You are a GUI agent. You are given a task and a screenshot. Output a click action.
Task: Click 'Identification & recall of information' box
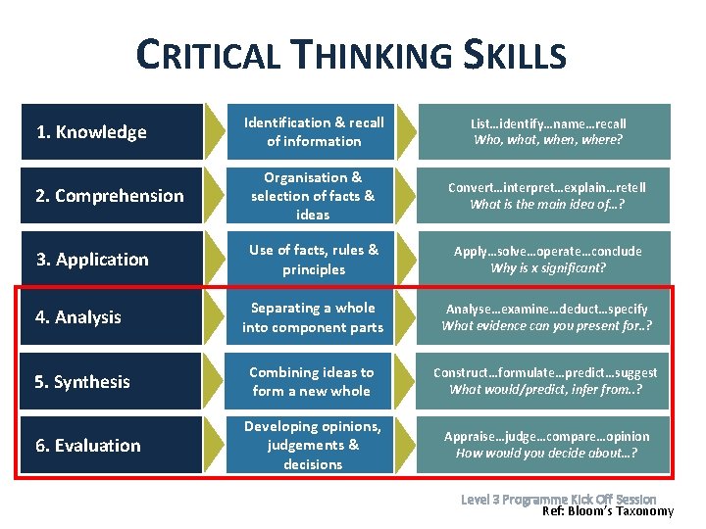(x=314, y=132)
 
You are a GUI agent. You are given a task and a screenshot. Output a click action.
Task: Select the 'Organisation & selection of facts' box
(x=313, y=196)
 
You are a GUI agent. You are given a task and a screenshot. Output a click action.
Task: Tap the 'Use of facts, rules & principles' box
(x=314, y=260)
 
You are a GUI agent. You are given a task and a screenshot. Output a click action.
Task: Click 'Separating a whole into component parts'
(x=313, y=317)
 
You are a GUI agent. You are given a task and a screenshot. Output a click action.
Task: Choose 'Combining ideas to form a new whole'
(x=312, y=381)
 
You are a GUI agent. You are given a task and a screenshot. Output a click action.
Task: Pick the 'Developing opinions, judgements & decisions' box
(x=313, y=445)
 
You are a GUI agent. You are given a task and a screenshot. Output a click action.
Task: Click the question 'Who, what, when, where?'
(x=548, y=140)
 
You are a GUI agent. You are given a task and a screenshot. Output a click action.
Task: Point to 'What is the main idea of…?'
(x=547, y=205)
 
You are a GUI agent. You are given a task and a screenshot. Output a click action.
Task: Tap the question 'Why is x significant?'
(x=548, y=268)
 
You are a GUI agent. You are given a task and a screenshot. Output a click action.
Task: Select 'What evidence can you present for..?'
(x=547, y=326)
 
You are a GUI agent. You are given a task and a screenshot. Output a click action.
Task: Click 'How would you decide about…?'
(x=547, y=453)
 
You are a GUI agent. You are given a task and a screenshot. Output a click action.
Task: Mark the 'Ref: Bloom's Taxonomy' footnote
(x=608, y=510)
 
